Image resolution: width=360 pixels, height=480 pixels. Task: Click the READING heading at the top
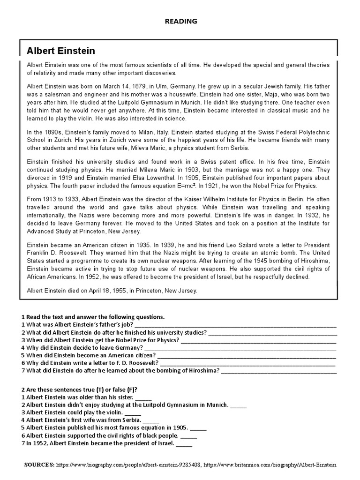point(180,21)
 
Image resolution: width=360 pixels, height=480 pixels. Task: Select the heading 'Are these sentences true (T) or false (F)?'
point(82,390)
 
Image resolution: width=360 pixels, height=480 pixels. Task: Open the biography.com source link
point(129,465)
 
